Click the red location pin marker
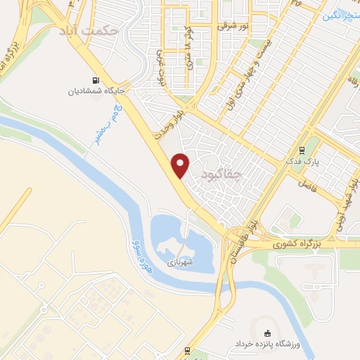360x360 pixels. click(181, 165)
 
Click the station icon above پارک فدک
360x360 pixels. click(302, 150)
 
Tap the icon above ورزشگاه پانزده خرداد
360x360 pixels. click(266, 333)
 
